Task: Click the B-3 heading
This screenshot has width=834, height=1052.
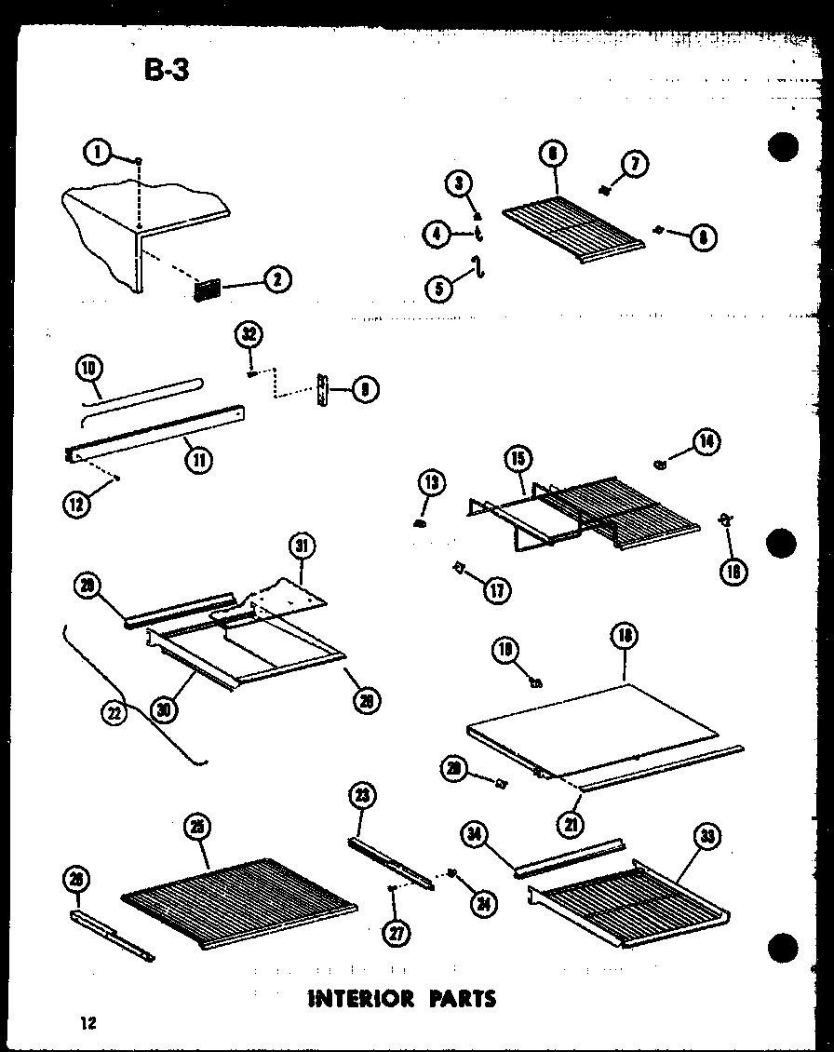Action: pyautogui.click(x=167, y=69)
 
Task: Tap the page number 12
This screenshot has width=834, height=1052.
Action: pyautogui.click(x=88, y=1024)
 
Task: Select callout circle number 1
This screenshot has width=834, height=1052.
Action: pyautogui.click(x=95, y=151)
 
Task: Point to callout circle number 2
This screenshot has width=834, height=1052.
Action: pyautogui.click(x=277, y=278)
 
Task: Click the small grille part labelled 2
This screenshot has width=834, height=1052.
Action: pyautogui.click(x=206, y=290)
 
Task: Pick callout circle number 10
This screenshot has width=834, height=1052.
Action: pyautogui.click(x=89, y=369)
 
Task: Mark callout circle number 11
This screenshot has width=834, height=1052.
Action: pyautogui.click(x=197, y=457)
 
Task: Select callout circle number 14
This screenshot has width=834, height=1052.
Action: pyautogui.click(x=706, y=442)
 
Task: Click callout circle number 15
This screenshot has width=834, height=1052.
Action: pyautogui.click(x=518, y=458)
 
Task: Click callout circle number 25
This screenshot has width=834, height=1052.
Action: pyautogui.click(x=197, y=827)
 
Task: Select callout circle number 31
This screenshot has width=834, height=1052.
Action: pyautogui.click(x=303, y=546)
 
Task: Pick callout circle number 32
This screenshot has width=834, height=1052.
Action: pyautogui.click(x=250, y=334)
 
